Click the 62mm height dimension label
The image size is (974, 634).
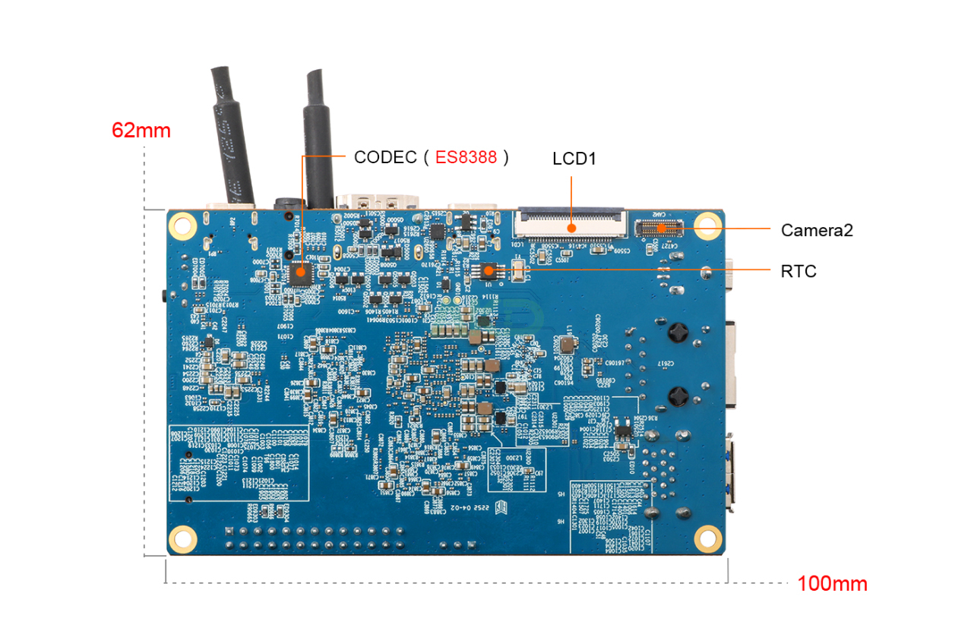point(141,131)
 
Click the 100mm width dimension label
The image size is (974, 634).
point(832,584)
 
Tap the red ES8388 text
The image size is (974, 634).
point(466,157)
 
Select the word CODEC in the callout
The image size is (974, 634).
point(385,157)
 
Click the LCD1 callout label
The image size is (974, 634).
point(574,159)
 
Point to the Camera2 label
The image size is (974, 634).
point(817,230)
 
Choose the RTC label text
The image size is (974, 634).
point(798,271)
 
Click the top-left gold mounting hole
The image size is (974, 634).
point(182,225)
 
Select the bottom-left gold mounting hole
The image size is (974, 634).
point(182,538)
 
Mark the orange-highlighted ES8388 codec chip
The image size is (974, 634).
point(301,271)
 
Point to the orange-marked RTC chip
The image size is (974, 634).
point(489,270)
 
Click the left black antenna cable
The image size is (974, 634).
point(232,137)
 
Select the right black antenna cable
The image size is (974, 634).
point(318,137)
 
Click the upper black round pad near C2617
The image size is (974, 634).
point(678,333)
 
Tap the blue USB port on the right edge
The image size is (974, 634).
point(731,471)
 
